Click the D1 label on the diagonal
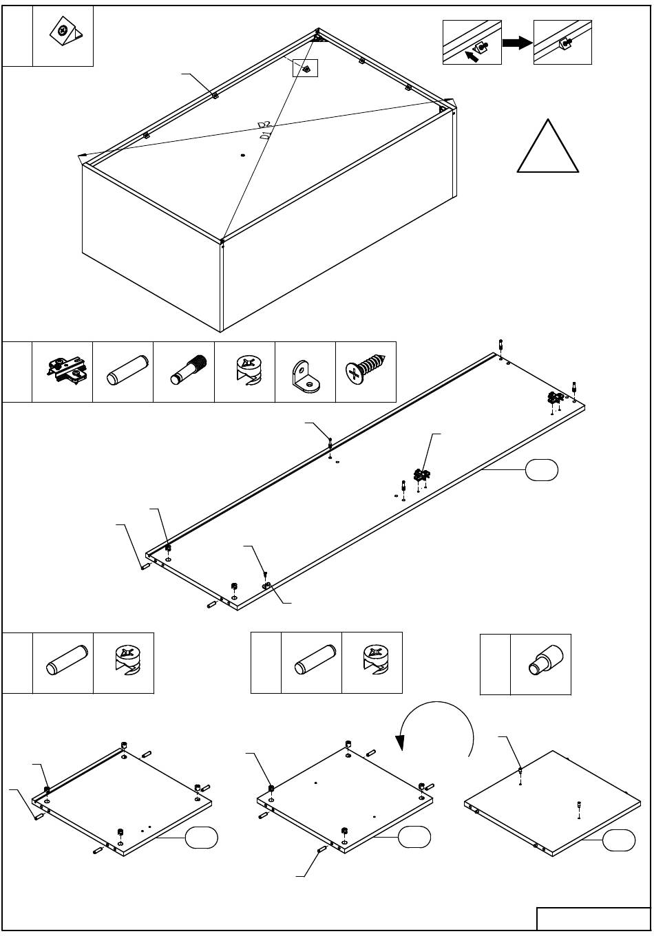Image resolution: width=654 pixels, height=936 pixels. click(265, 135)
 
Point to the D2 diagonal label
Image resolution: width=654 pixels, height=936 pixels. click(264, 125)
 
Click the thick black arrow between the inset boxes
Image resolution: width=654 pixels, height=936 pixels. click(518, 42)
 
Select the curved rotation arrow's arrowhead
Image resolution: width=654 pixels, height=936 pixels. click(400, 743)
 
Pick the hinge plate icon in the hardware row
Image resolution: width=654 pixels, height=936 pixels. click(67, 370)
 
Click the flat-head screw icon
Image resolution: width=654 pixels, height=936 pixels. click(366, 369)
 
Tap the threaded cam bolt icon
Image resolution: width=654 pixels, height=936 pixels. click(189, 370)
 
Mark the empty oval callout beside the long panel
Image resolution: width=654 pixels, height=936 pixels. click(541, 469)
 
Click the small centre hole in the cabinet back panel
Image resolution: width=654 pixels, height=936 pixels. click(242, 156)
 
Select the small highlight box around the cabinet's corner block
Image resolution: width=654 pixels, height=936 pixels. click(305, 68)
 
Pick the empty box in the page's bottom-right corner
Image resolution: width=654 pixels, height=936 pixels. click(593, 918)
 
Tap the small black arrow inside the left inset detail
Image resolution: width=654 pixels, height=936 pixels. click(472, 56)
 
